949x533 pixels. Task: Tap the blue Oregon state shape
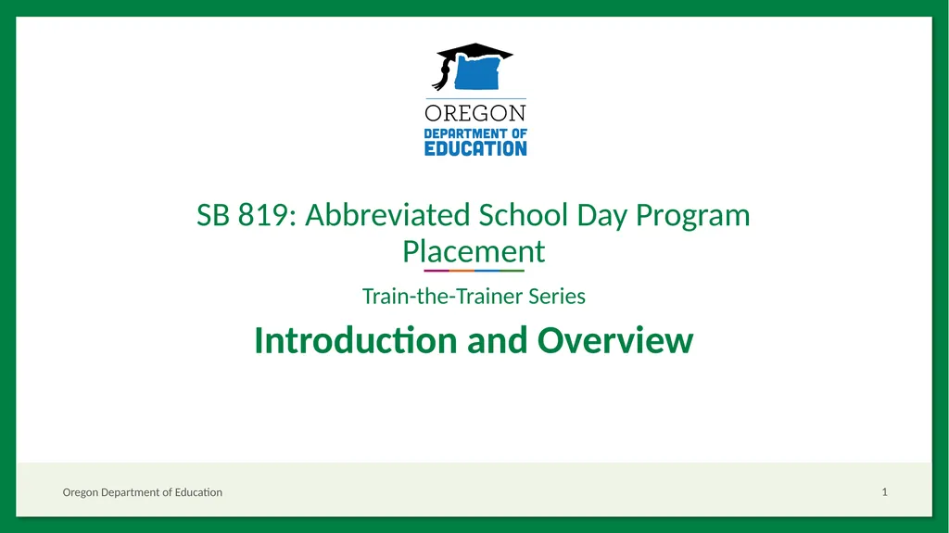tap(477, 72)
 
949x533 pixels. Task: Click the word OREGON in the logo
tap(475, 113)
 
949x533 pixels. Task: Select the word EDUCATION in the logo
tap(475, 148)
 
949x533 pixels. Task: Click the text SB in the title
tap(213, 215)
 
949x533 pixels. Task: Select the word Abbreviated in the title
tap(387, 215)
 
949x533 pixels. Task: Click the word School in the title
tap(523, 215)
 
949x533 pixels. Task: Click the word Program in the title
tap(692, 218)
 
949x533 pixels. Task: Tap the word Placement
tap(474, 251)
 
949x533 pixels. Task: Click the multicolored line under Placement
tap(474, 271)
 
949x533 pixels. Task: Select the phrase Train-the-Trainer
tap(442, 297)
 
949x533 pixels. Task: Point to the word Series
tap(557, 297)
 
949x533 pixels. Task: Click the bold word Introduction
tap(355, 340)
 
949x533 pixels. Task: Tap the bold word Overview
tap(615, 340)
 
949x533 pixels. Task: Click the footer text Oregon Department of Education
tap(142, 492)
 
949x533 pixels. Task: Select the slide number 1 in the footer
tap(884, 492)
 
